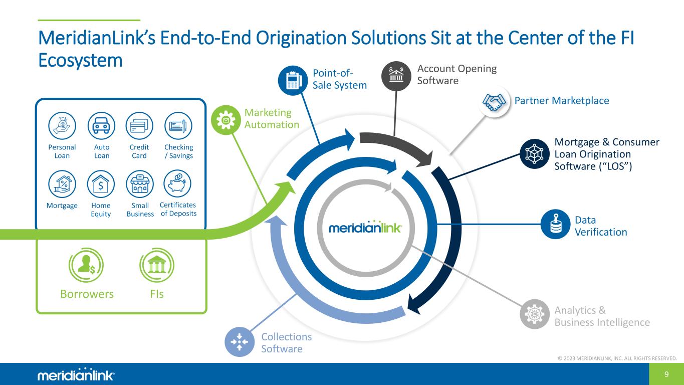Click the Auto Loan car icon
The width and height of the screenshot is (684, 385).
[101, 126]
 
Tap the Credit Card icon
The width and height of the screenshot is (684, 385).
[139, 126]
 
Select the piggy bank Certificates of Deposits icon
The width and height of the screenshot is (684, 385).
[177, 183]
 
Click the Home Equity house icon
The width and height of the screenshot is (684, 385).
[101, 184]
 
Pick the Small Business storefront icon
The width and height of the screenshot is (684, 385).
[140, 184]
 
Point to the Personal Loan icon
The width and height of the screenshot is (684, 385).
[62, 126]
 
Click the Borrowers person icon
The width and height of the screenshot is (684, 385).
[86, 265]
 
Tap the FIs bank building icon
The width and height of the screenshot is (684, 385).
[157, 265]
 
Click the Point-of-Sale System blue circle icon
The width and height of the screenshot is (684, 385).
[293, 81]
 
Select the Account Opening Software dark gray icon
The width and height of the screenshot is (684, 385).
[396, 76]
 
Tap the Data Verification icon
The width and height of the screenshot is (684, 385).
[555, 224]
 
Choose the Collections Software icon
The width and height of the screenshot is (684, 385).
[240, 342]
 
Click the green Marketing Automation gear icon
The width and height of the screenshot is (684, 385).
[226, 120]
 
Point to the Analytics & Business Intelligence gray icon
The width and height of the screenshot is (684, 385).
[535, 314]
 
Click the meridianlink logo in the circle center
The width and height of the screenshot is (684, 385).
[365, 227]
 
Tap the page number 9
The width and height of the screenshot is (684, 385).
[666, 374]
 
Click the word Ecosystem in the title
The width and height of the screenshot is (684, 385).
[80, 61]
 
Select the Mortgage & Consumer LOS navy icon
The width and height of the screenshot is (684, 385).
[535, 154]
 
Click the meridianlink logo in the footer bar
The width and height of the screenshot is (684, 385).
[76, 374]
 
